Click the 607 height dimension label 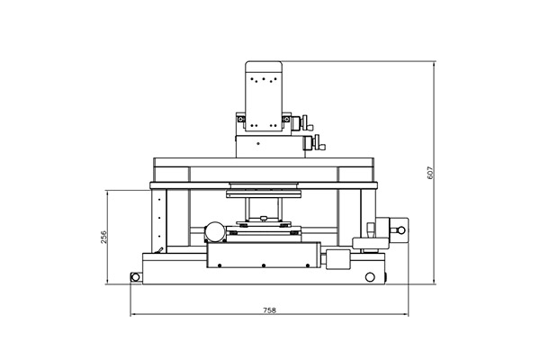(430, 173)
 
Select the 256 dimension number (103, 237)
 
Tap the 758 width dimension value (270, 310)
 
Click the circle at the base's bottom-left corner (135, 277)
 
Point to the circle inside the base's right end (370, 277)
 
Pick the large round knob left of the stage (216, 231)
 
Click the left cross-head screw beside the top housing (240, 119)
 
